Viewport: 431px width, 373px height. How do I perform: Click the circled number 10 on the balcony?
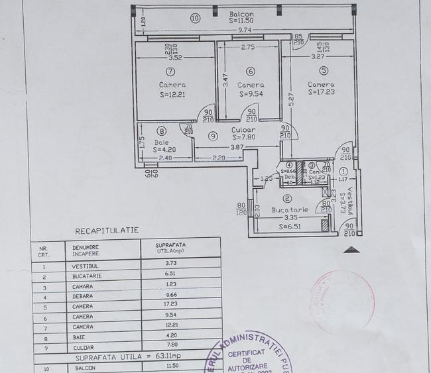[x=195, y=19]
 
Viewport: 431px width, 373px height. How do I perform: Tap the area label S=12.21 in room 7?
[x=172, y=95]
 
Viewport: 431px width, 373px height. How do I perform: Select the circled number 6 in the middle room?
[x=250, y=72]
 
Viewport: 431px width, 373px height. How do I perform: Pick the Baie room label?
[x=162, y=142]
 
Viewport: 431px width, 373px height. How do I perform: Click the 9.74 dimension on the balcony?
[x=245, y=30]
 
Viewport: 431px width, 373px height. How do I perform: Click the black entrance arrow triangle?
[x=353, y=250]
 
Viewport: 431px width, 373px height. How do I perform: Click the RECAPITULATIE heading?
[x=107, y=231]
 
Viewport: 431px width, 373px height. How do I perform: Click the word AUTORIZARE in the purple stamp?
[x=251, y=365]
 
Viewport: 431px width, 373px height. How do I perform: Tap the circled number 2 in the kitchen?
[x=287, y=198]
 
